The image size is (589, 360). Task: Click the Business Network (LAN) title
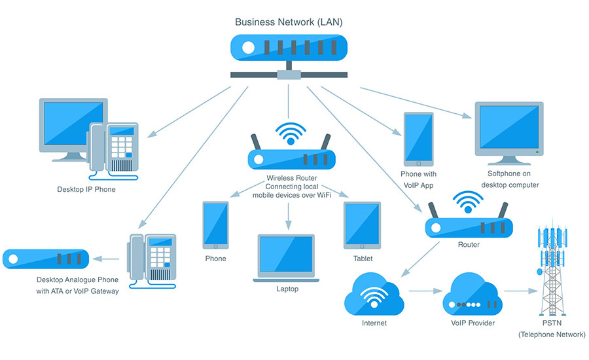[x=289, y=22]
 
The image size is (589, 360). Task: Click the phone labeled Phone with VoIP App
[x=418, y=139]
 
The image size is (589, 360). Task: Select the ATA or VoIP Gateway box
[x=46, y=259]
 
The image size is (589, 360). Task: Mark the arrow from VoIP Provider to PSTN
[x=516, y=292]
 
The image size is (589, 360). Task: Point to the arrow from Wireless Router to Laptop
[x=287, y=215]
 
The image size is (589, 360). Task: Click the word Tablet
[x=363, y=259]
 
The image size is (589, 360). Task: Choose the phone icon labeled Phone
[x=215, y=225]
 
